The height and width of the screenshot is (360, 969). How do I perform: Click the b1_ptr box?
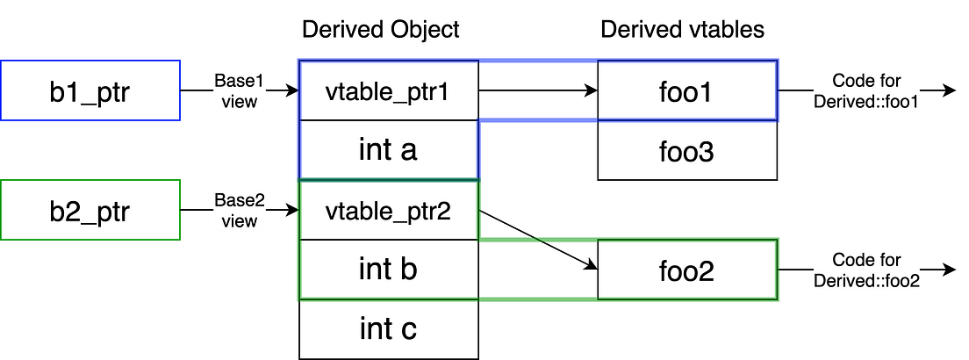(x=90, y=91)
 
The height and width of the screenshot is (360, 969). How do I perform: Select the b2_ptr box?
(x=90, y=211)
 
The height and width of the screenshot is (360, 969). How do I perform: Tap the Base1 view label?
(x=240, y=90)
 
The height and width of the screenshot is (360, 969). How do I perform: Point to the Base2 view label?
(x=240, y=210)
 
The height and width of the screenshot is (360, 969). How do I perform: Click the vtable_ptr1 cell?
(x=388, y=91)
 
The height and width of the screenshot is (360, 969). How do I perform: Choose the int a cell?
(x=388, y=150)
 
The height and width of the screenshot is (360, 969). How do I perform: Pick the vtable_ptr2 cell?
(x=388, y=211)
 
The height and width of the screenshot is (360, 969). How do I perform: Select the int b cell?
(x=388, y=270)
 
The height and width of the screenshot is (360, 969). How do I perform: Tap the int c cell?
(x=388, y=329)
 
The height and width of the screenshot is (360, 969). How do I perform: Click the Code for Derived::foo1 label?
(x=865, y=91)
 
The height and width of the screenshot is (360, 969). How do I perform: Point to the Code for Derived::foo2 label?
(x=865, y=270)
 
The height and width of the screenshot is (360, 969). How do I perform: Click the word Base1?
(x=240, y=81)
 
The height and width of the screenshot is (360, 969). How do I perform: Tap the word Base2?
(x=240, y=200)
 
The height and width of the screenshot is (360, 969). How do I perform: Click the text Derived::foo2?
(x=865, y=281)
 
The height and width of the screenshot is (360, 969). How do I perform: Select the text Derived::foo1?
(x=865, y=102)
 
